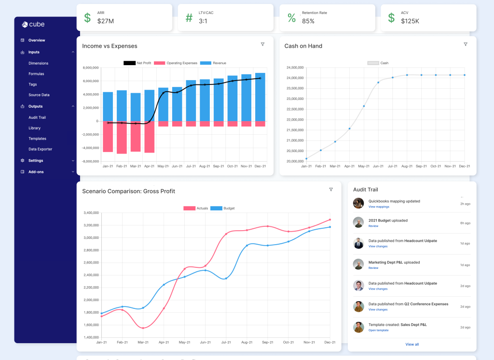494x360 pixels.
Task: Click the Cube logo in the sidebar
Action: click(33, 25)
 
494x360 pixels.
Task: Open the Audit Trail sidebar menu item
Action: click(37, 117)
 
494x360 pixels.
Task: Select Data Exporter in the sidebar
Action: click(40, 149)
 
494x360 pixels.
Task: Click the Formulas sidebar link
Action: click(36, 74)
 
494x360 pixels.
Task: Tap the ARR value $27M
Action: click(105, 21)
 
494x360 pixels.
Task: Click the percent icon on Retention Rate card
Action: click(291, 18)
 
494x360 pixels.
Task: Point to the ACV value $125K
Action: click(410, 21)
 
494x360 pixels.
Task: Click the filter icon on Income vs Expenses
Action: click(262, 44)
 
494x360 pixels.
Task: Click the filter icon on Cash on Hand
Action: click(465, 44)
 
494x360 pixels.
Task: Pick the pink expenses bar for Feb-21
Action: click(122, 137)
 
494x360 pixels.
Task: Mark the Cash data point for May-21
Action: click(364, 106)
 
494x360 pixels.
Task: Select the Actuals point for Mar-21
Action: click(143, 328)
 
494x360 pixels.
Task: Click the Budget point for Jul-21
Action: click(226, 278)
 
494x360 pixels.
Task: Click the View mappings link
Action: click(379, 207)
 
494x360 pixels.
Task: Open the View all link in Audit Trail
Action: click(412, 344)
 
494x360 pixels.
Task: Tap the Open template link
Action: click(378, 330)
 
